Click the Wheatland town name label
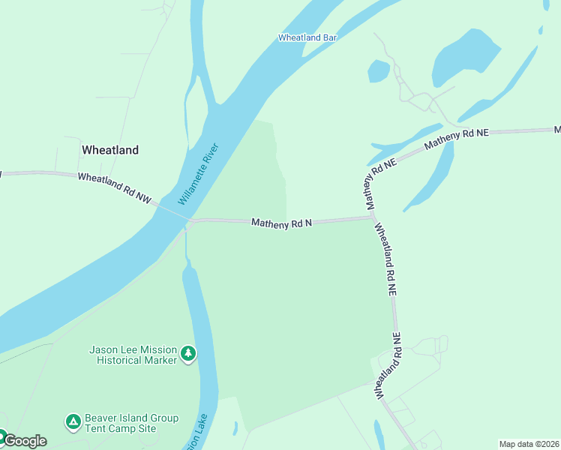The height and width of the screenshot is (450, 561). pyautogui.click(x=109, y=150)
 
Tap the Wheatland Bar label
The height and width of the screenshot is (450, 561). pyautogui.click(x=307, y=37)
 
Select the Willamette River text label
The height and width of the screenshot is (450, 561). pyautogui.click(x=198, y=174)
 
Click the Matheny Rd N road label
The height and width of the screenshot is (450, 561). pyautogui.click(x=281, y=223)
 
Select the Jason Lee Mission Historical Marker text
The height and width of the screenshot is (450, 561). pyautogui.click(x=133, y=355)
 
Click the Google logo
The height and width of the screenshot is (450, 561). pyautogui.click(x=25, y=441)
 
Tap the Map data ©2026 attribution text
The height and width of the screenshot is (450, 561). pyautogui.click(x=529, y=444)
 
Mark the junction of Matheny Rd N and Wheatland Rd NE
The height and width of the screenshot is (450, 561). pyautogui.click(x=372, y=217)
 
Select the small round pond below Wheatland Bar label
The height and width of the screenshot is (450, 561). pyautogui.click(x=379, y=71)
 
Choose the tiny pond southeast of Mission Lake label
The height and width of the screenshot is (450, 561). pyautogui.click(x=235, y=427)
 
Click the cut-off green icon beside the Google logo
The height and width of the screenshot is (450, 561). pyautogui.click(x=2, y=436)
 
